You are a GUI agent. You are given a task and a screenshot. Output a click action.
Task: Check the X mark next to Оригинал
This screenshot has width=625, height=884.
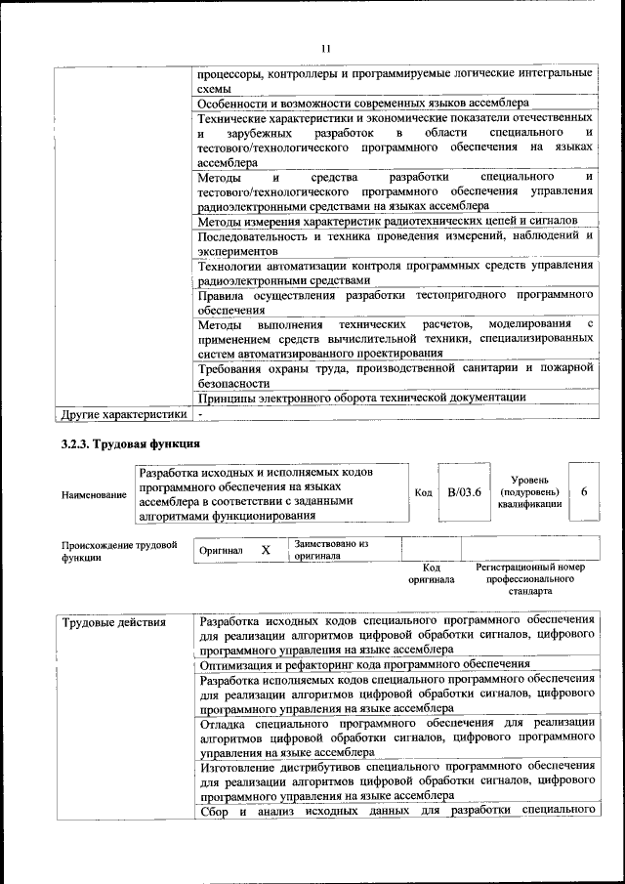266,550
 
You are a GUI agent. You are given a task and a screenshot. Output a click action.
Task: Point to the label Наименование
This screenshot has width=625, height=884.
94,495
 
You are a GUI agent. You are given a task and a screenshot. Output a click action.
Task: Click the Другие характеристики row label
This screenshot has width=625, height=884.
123,414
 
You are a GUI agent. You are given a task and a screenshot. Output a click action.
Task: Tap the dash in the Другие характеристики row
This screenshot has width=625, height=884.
200,414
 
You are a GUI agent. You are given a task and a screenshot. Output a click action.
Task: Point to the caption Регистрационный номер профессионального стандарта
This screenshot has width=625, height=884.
530,578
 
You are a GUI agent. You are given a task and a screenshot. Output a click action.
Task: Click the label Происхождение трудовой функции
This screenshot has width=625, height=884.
119,551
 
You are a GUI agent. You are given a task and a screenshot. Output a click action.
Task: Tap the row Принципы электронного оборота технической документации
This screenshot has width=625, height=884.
361,398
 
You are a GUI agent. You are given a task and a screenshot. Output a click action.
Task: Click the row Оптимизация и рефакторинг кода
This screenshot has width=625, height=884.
357,665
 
